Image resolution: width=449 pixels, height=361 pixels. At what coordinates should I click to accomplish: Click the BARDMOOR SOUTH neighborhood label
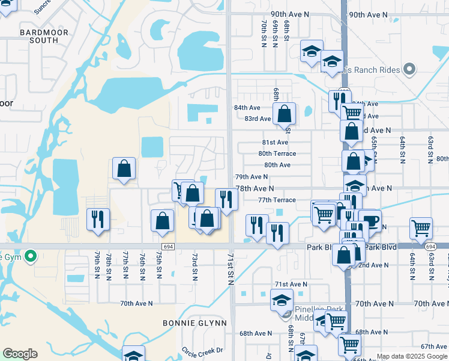coord(39,35)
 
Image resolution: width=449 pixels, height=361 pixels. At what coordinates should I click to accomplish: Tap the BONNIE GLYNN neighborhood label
coord(194,323)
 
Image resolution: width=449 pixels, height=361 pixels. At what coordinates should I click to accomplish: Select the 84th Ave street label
coord(247,108)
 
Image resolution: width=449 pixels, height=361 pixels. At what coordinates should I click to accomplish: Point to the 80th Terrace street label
coord(277,153)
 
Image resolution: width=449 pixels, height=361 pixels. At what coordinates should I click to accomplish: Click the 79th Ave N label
coord(251,177)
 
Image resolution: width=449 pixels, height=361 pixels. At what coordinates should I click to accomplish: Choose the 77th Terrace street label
coord(277,200)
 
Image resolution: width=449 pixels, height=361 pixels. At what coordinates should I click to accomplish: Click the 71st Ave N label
coord(291,284)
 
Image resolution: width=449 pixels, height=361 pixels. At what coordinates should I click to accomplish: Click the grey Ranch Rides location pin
coord(410,70)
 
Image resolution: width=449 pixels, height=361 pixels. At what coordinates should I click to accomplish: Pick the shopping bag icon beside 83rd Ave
coord(284,113)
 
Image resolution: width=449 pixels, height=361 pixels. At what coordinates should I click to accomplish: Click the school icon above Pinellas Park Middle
coord(282,299)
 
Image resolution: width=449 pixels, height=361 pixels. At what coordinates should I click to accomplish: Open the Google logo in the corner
coord(20,354)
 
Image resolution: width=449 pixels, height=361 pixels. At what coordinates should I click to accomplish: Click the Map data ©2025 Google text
coord(411,356)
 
